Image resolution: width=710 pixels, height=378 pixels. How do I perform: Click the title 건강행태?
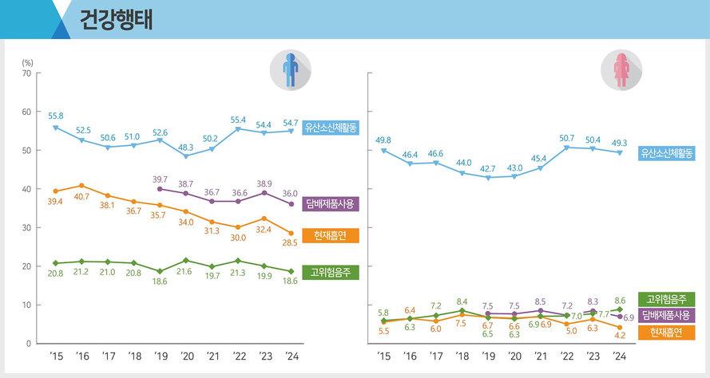tap(117, 20)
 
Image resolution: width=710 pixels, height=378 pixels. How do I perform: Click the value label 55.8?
tap(55, 116)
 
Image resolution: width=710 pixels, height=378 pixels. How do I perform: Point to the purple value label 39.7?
tap(160, 179)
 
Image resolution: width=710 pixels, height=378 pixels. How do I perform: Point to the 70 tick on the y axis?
tap(26, 73)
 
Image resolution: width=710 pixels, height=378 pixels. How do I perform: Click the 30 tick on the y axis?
tap(26, 228)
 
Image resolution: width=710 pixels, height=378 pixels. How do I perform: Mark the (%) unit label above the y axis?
tap(28, 61)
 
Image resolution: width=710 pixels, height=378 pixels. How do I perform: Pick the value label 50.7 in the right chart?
tap(567, 138)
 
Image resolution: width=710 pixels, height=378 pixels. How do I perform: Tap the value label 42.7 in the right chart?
tap(488, 169)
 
